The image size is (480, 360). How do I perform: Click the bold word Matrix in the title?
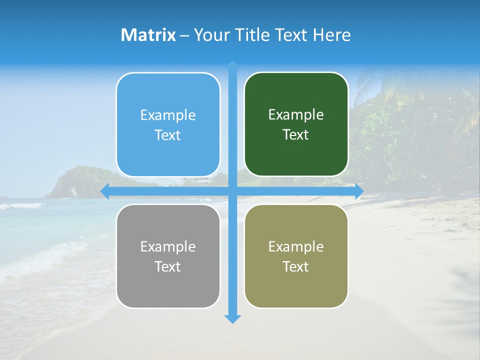click(148, 35)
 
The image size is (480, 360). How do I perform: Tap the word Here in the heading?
click(331, 35)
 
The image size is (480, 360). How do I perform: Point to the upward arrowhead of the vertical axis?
click(232, 64)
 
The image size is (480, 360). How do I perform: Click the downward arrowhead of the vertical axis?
click(232, 318)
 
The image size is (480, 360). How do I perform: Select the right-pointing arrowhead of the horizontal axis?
click(359, 191)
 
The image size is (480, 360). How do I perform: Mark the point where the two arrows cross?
click(232, 191)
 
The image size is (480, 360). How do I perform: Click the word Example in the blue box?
click(168, 115)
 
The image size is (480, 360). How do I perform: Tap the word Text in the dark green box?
click(296, 135)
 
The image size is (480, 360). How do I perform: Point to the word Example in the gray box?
click(168, 247)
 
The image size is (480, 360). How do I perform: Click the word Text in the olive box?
click(296, 267)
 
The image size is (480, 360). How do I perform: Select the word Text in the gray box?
click(168, 267)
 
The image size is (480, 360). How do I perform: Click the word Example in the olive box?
click(296, 247)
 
